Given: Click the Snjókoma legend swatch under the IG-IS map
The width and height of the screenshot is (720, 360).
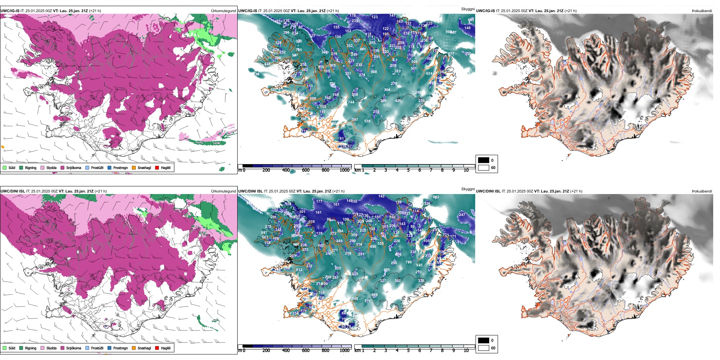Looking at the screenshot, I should click(x=63, y=167).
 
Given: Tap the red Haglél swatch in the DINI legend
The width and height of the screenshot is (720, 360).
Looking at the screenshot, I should click(x=157, y=348).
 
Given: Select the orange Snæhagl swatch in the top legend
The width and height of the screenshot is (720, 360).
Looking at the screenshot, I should click(x=134, y=167).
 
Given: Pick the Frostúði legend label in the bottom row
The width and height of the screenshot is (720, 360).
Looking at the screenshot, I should click(x=97, y=348).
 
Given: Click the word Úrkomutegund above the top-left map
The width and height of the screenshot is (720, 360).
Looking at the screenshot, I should click(x=223, y=11).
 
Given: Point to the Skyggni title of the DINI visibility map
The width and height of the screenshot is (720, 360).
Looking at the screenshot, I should click(x=468, y=189).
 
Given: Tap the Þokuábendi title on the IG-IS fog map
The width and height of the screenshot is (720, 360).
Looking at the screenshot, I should click(x=702, y=11).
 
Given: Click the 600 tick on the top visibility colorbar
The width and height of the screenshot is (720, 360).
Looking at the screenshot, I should click(x=305, y=170).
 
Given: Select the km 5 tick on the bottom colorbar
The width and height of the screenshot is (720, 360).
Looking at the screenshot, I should click(x=408, y=351).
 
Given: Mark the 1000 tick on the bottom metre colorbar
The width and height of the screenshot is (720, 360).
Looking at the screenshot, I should click(x=344, y=351).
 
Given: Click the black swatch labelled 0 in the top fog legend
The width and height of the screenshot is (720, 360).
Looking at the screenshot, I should click(x=484, y=160).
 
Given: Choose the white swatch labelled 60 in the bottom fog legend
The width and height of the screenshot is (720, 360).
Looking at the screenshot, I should click(x=484, y=348).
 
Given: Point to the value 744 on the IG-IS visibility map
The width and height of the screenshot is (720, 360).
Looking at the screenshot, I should click(x=351, y=102).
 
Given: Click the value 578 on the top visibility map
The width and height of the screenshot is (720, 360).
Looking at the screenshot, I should click(x=367, y=121).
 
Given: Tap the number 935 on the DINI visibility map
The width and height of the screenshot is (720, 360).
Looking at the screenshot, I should click(x=419, y=265).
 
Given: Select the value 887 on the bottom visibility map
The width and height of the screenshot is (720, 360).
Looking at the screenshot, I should click(x=264, y=233).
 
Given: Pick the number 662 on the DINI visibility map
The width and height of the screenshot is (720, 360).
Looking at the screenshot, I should click(x=436, y=197).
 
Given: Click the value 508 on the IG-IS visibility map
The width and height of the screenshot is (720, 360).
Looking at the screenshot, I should click(x=374, y=72).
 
